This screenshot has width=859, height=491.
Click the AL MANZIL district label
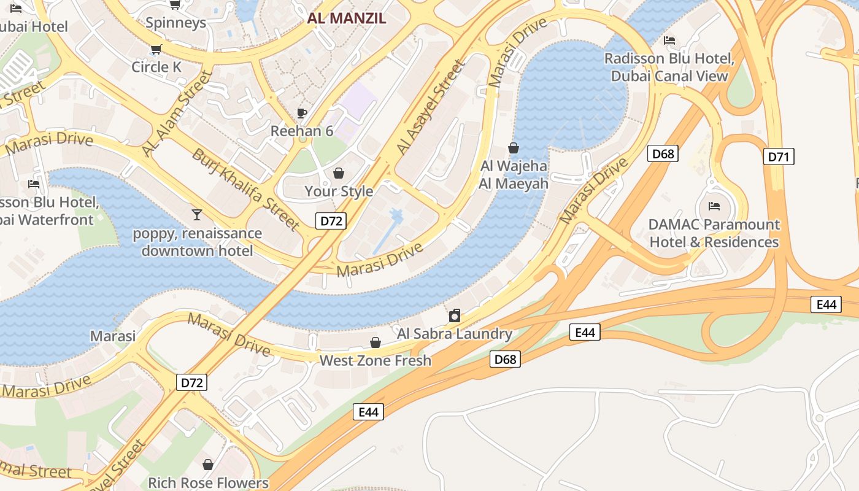tap(347, 18)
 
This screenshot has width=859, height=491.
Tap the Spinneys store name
tap(175, 23)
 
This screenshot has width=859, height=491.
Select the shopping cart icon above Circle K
tap(156, 49)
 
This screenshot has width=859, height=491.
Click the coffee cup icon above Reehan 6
tap(301, 112)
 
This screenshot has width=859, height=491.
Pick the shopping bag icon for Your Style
tap(338, 173)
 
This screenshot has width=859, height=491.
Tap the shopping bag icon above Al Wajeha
tap(514, 148)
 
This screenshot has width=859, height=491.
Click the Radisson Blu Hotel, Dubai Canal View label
tap(669, 68)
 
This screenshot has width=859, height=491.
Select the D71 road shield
tap(779, 157)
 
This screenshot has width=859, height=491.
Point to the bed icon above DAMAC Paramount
tap(714, 206)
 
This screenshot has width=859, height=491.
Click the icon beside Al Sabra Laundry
tap(455, 315)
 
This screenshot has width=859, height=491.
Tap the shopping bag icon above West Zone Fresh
tap(375, 342)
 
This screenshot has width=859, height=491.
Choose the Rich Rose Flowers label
tap(208, 483)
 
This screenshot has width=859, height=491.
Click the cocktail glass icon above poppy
tap(197, 214)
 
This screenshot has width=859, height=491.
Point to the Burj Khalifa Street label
tap(246, 189)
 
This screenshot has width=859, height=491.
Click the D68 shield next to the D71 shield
tap(663, 153)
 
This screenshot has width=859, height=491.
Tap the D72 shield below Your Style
tap(331, 221)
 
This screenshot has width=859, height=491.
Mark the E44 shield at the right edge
tap(825, 304)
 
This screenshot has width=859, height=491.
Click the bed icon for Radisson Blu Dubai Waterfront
tap(34, 184)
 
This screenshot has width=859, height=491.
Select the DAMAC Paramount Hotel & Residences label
tap(714, 233)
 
